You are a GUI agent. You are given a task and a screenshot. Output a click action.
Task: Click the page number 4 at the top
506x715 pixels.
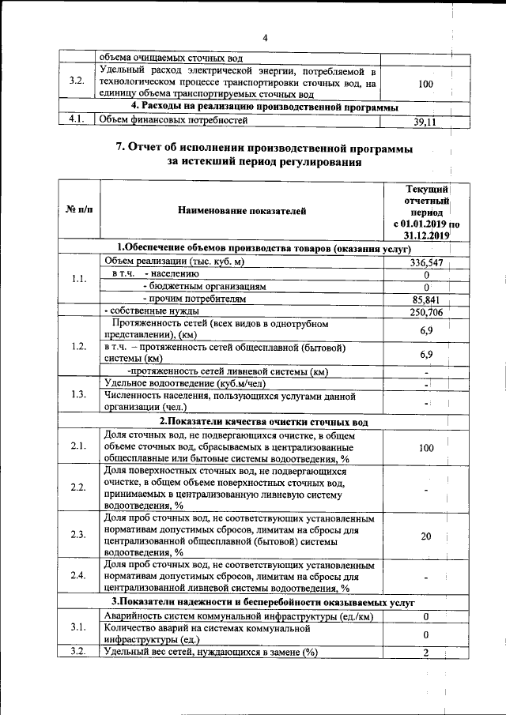(x=266, y=38)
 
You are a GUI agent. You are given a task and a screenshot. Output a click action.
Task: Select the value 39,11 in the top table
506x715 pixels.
(x=425, y=122)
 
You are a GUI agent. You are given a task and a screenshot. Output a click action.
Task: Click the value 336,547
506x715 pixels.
(x=426, y=262)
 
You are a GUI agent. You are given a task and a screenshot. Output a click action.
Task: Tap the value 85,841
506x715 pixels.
(x=426, y=300)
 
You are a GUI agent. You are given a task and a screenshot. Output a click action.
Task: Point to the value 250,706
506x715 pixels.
(x=426, y=313)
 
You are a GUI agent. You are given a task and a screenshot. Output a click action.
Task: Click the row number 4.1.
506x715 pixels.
(x=76, y=120)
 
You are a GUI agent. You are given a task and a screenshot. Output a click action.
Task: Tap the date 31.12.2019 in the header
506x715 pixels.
(x=425, y=235)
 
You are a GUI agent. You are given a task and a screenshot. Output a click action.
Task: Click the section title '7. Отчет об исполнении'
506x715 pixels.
(x=266, y=149)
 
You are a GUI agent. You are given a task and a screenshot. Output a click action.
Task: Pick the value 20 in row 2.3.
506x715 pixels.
(x=426, y=536)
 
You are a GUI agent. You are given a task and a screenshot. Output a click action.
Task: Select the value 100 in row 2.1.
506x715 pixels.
(x=426, y=448)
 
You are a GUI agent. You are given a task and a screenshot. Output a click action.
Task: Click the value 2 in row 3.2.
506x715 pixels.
(x=426, y=652)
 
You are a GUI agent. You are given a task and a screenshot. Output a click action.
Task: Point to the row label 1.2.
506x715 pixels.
(x=77, y=345)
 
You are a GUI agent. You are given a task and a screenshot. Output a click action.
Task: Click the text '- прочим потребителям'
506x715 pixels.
(x=194, y=299)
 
